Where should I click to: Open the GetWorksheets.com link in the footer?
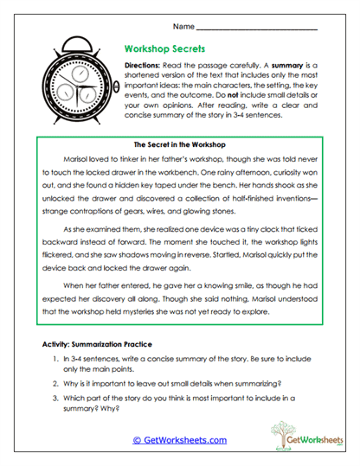tap(180, 439)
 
